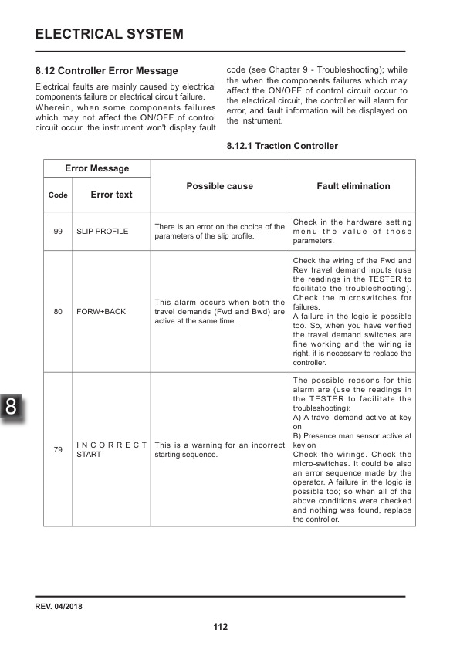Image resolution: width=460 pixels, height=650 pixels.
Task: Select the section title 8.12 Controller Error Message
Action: pyautogui.click(x=107, y=71)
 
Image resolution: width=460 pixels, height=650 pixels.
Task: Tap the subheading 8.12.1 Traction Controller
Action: pyautogui.click(x=282, y=146)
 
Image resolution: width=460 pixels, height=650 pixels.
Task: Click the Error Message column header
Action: pyautogui.click(x=96, y=168)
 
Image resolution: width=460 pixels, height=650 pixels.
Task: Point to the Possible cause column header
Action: pyautogui.click(x=219, y=186)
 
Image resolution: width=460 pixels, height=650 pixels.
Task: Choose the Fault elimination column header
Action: pyautogui.click(x=353, y=186)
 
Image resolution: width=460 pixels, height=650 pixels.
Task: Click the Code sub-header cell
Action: pyautogui.click(x=58, y=195)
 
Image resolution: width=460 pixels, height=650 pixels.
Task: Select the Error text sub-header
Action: pyautogui.click(x=111, y=195)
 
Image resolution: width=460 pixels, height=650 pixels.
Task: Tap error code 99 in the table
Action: pyautogui.click(x=58, y=232)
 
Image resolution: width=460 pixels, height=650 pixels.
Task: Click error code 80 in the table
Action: pyautogui.click(x=58, y=312)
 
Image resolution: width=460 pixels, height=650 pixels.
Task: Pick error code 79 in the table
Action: pyautogui.click(x=58, y=450)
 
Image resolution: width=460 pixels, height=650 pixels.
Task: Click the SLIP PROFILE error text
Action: pyautogui.click(x=102, y=232)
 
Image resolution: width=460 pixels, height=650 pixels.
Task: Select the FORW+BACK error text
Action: pyautogui.click(x=100, y=312)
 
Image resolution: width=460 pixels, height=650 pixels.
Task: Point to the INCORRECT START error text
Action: pyautogui.click(x=111, y=450)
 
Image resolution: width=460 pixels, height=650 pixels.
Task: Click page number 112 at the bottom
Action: pyautogui.click(x=221, y=627)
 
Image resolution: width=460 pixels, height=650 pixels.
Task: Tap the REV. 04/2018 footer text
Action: pyautogui.click(x=59, y=606)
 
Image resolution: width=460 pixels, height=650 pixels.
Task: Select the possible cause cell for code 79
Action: pyautogui.click(x=219, y=450)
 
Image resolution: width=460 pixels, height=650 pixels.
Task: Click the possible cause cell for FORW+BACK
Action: pyautogui.click(x=219, y=311)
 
